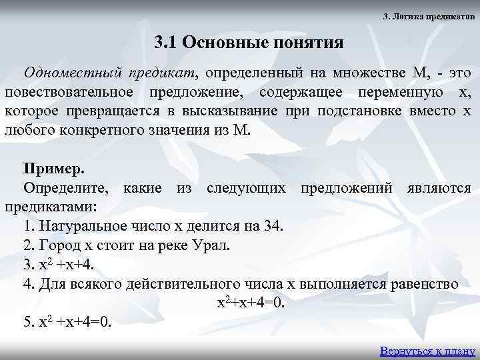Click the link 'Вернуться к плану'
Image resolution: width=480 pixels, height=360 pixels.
click(x=427, y=350)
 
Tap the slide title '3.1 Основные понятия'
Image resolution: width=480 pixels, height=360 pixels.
click(x=249, y=43)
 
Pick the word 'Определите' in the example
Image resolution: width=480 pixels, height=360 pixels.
click(x=68, y=187)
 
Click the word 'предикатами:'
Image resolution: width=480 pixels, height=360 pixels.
click(x=51, y=206)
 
